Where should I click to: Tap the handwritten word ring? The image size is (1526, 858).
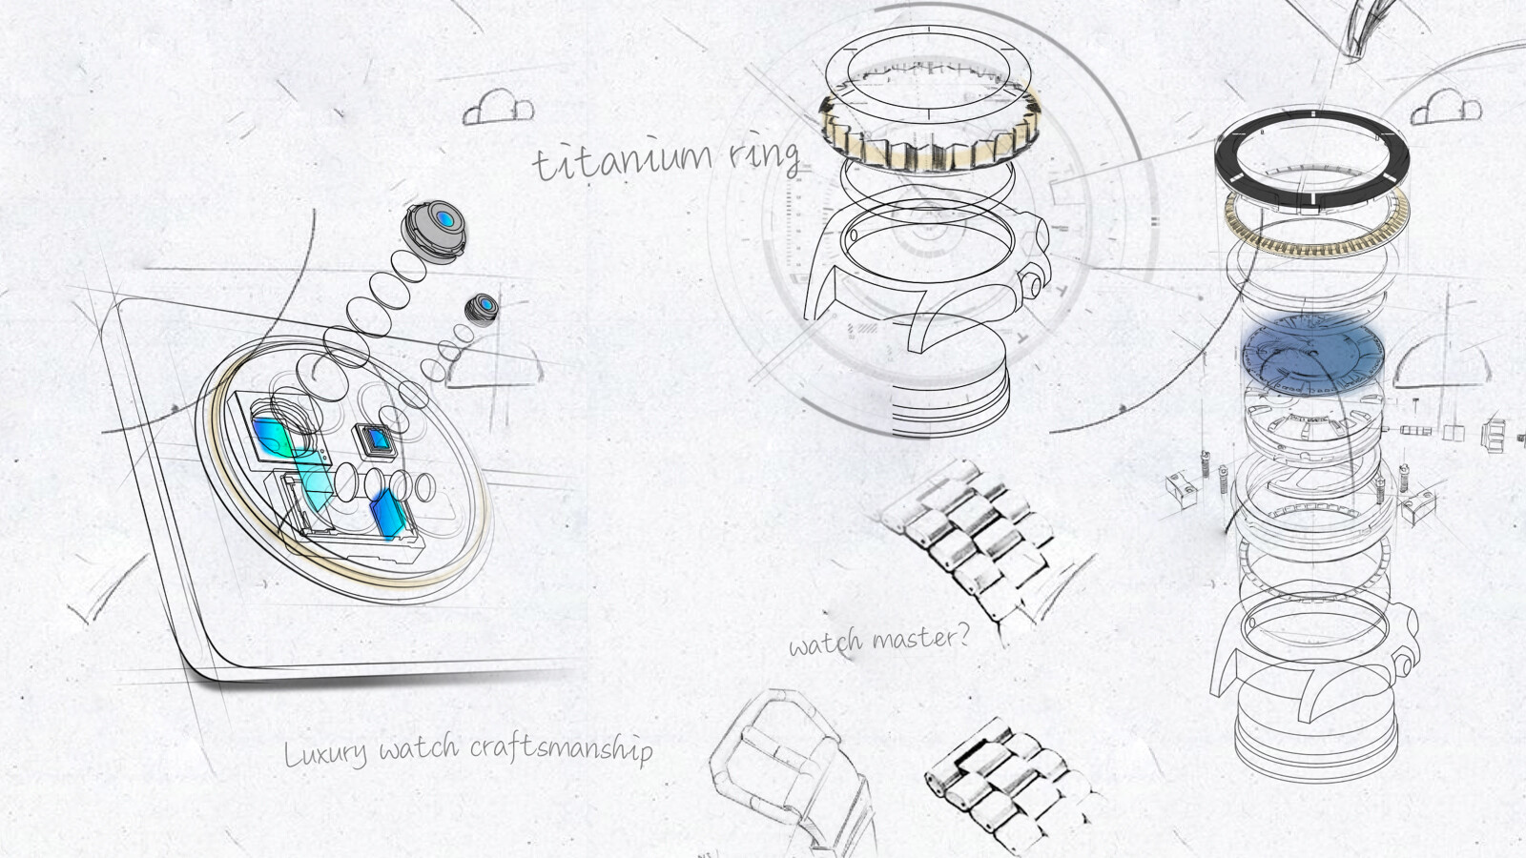click(x=764, y=157)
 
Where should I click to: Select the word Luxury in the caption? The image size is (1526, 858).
click(x=325, y=753)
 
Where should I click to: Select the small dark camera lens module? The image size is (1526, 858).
click(x=482, y=310)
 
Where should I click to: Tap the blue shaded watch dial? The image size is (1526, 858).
click(x=1312, y=354)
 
